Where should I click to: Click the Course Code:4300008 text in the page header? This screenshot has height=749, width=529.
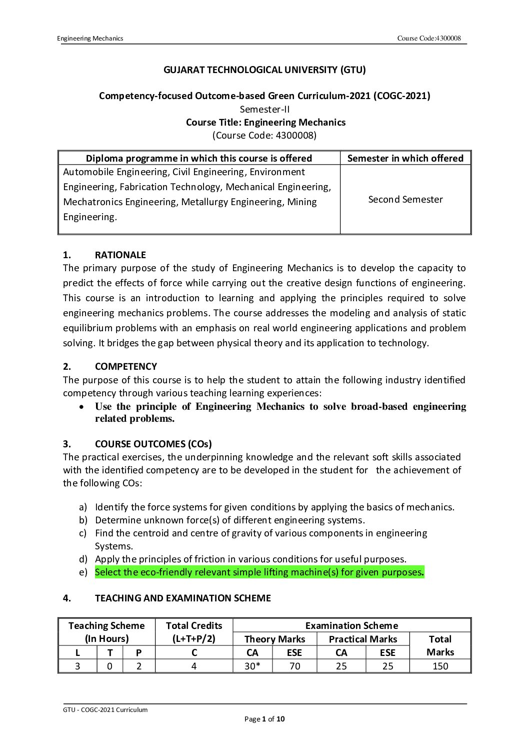(428, 39)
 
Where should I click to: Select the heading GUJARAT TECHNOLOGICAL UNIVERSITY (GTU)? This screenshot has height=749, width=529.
(264, 70)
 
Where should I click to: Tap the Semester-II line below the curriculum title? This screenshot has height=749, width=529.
(264, 109)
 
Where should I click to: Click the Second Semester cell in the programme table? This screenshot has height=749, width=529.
(405, 199)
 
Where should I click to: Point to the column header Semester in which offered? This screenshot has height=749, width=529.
(405, 158)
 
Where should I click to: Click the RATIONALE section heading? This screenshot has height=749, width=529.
(120, 255)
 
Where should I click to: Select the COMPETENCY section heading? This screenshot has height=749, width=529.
(125, 366)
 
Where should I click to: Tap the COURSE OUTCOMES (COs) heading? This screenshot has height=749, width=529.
(153, 444)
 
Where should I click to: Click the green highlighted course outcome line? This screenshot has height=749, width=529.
(259, 572)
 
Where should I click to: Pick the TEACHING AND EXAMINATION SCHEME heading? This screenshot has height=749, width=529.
(182, 598)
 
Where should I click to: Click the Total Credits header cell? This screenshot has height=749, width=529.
(194, 632)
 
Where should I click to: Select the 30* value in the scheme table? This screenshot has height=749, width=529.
(252, 666)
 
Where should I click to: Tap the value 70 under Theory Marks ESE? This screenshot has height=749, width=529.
(295, 666)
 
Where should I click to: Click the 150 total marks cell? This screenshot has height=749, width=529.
(440, 666)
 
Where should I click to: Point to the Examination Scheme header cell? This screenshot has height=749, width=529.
(351, 625)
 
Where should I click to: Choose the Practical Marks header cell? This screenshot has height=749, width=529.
(362, 639)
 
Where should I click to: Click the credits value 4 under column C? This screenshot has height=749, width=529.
(194, 666)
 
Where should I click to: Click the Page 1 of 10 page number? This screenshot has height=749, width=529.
(264, 719)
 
